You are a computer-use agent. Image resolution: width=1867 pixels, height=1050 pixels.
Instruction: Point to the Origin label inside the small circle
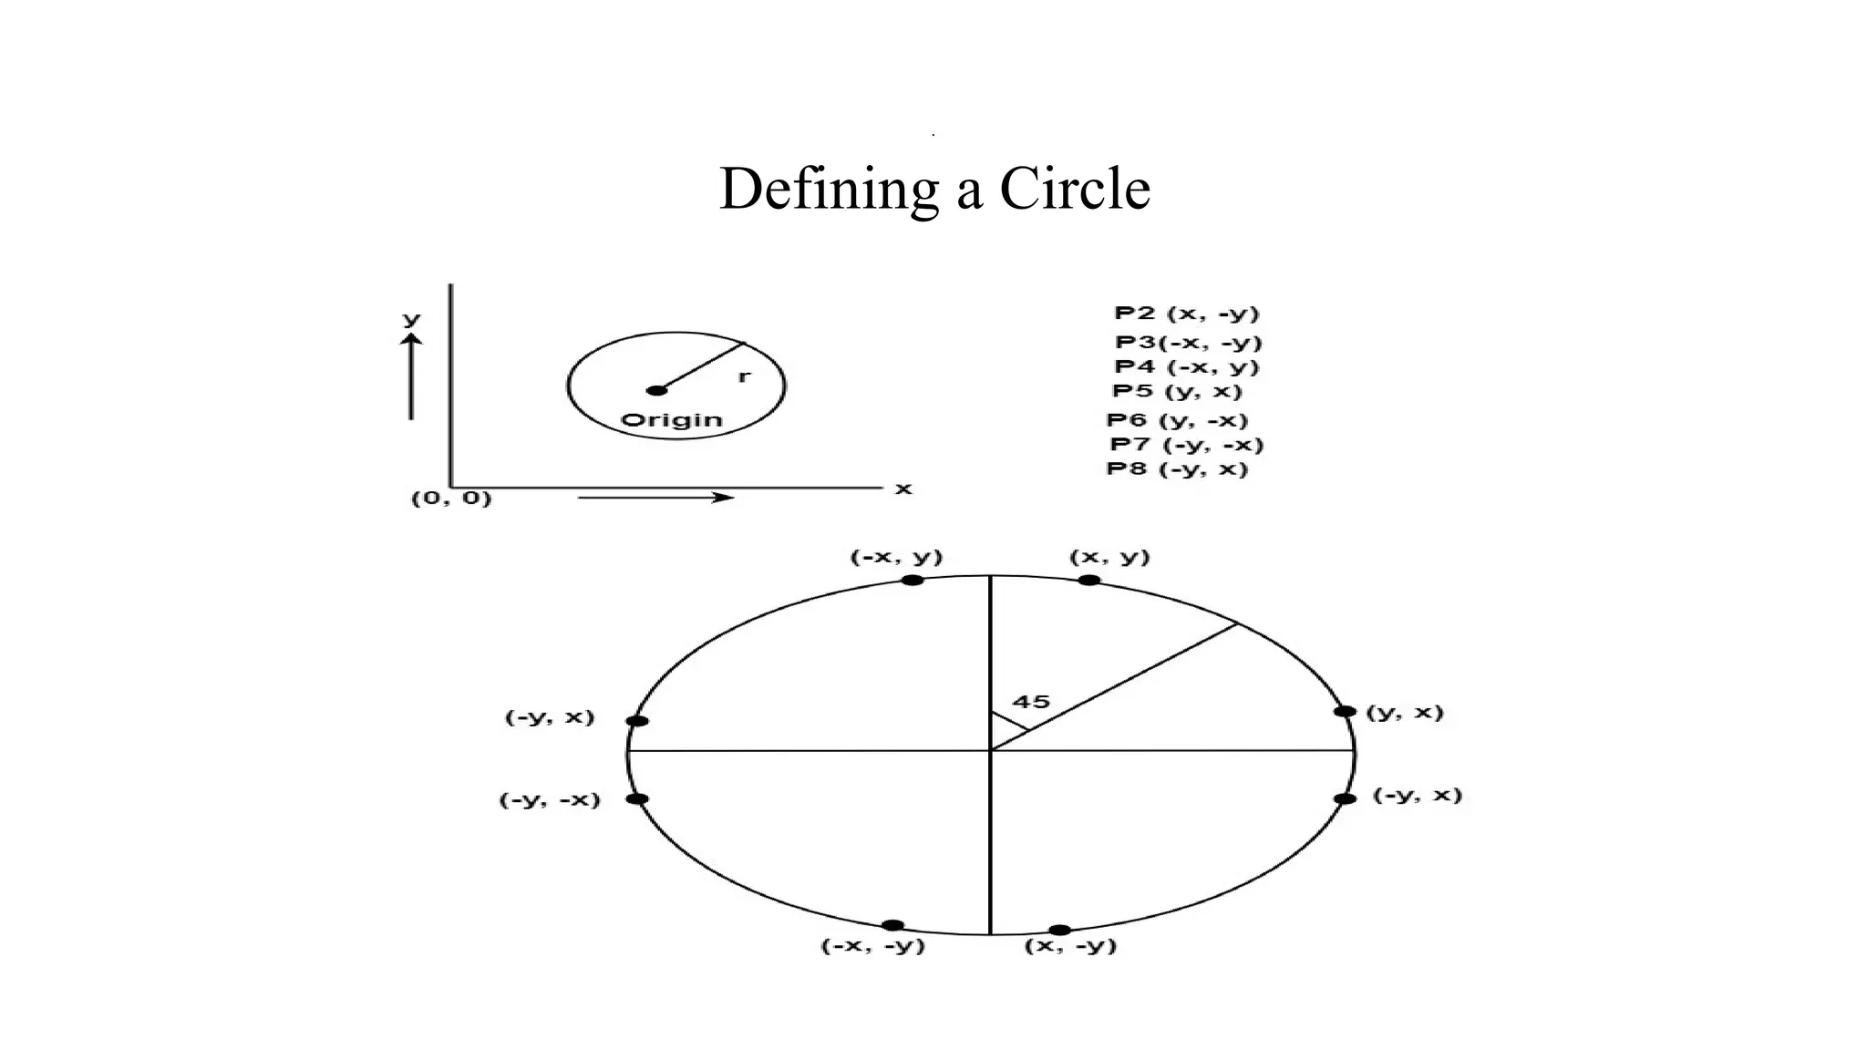click(x=671, y=420)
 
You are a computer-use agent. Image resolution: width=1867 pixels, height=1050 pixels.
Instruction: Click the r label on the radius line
click(x=744, y=376)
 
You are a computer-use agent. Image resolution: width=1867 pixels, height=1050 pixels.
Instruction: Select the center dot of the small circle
click(x=656, y=390)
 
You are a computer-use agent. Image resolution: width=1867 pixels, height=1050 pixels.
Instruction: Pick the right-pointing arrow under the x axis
click(x=656, y=498)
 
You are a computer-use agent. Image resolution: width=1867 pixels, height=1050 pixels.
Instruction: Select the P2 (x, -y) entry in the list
click(x=1186, y=314)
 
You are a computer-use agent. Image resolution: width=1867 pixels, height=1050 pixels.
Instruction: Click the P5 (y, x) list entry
click(x=1177, y=392)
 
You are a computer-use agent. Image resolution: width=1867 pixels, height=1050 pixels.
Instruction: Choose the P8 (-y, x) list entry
click(x=1177, y=469)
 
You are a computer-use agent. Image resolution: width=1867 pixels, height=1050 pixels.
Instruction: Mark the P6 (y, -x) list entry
click(x=1177, y=420)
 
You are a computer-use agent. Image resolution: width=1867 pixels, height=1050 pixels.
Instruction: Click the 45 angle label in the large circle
click(x=1031, y=702)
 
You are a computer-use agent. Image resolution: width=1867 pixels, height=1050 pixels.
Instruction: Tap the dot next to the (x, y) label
click(x=1088, y=581)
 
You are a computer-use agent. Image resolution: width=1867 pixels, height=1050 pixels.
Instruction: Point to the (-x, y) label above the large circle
click(x=896, y=557)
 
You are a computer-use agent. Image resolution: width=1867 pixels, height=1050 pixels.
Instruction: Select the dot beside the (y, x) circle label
click(x=1345, y=711)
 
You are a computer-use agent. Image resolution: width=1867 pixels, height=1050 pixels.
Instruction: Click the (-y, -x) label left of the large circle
click(x=550, y=800)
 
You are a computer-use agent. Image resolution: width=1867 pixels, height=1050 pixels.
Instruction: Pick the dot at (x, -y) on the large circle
click(x=1059, y=930)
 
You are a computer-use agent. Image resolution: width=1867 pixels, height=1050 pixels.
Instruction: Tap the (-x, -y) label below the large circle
click(x=873, y=946)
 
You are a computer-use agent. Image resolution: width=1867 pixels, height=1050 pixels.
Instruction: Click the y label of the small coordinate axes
click(x=412, y=319)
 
